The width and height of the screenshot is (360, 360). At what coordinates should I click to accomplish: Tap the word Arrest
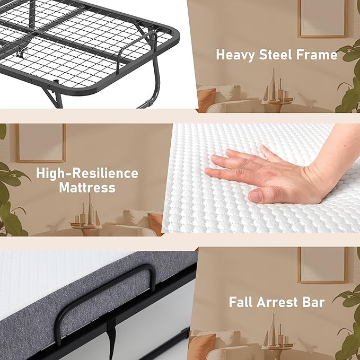point(280,302)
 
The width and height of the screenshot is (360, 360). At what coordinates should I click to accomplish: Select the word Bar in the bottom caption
point(314,302)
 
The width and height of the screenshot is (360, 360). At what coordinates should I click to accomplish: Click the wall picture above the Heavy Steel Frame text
point(322,19)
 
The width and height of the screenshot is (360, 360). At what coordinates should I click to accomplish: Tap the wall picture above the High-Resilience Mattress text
point(41,142)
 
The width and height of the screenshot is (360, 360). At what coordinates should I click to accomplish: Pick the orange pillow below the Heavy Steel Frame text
point(206,99)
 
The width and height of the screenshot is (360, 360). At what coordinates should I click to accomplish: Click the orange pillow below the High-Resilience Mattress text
point(155,223)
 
